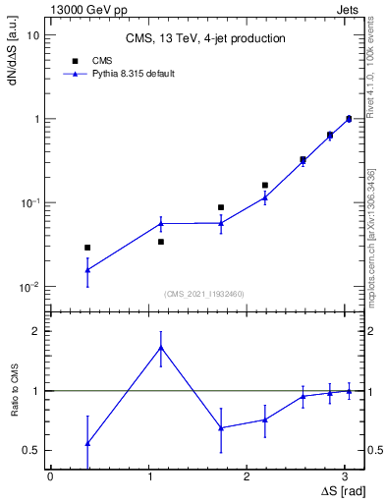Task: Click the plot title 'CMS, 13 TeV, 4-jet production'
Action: click(x=206, y=38)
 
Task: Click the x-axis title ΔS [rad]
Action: click(x=342, y=489)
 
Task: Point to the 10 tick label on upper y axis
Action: click(x=32, y=35)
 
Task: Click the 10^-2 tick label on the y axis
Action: click(x=29, y=287)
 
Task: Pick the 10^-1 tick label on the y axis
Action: click(x=29, y=203)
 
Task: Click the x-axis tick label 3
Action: click(x=348, y=475)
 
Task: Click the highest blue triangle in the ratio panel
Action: click(x=161, y=348)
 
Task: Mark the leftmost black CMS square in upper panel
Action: click(x=87, y=248)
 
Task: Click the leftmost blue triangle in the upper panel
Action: click(x=87, y=269)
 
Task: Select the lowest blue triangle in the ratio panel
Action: click(x=87, y=443)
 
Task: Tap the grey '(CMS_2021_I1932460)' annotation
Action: click(x=204, y=294)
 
